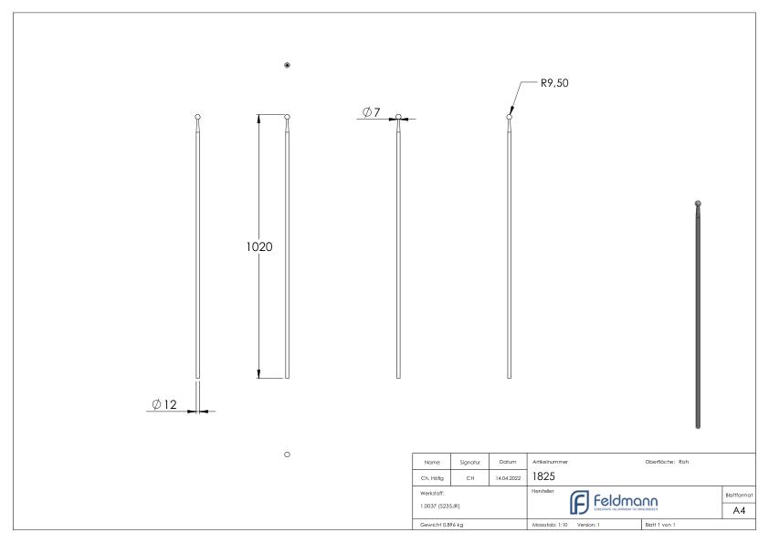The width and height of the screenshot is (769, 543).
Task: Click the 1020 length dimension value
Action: point(260,247)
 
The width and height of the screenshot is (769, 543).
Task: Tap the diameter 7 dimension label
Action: point(371,111)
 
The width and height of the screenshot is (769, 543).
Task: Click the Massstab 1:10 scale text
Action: point(549,527)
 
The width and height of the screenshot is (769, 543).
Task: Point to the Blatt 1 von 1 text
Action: point(661,527)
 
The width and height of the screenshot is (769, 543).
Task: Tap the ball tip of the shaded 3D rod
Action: point(699,204)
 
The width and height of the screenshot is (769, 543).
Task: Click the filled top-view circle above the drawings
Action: point(288,66)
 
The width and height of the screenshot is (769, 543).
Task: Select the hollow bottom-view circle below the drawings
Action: point(288,453)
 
